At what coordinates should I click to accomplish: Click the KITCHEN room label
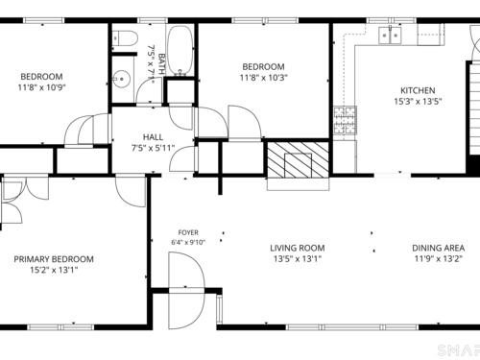(x=418, y=90)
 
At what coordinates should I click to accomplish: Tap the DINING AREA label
(x=438, y=248)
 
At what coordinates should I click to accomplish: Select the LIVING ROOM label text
(x=298, y=248)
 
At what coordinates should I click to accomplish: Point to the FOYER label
(x=188, y=232)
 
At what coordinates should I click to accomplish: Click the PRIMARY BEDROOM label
(x=54, y=259)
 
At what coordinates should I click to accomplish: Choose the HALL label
(x=153, y=137)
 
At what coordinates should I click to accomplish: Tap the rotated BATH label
(x=161, y=64)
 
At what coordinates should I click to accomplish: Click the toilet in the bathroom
(x=126, y=37)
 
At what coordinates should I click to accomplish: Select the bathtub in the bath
(x=180, y=50)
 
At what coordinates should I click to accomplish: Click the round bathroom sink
(x=121, y=79)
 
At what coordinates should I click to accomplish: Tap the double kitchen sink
(x=390, y=36)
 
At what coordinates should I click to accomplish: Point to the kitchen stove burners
(x=345, y=120)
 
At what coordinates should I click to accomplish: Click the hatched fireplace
(x=298, y=160)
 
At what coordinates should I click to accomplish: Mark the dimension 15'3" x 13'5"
(x=418, y=102)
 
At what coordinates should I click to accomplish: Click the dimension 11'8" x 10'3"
(x=264, y=78)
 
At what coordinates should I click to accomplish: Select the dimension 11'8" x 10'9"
(x=41, y=87)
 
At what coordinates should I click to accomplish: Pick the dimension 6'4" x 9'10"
(x=188, y=242)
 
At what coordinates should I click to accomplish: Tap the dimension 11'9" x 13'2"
(x=439, y=258)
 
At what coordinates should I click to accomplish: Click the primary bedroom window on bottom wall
(x=60, y=327)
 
